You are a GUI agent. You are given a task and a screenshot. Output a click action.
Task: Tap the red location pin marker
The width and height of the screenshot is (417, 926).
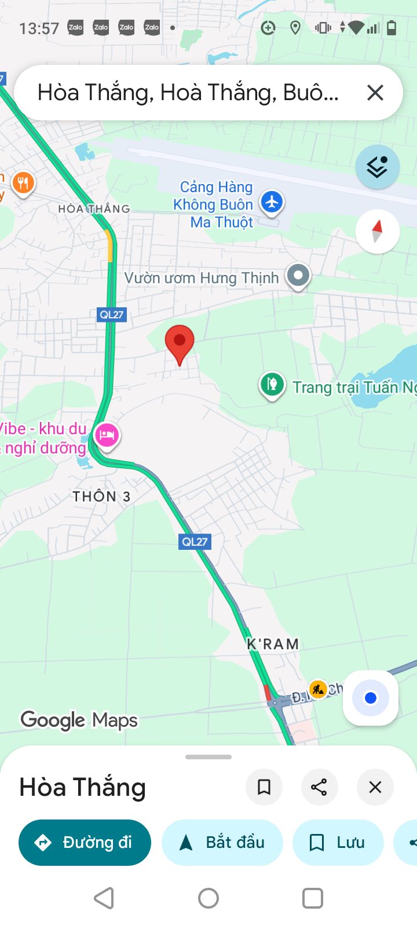(180, 341)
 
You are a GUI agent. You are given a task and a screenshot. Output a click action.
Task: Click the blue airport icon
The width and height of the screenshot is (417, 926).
(271, 203)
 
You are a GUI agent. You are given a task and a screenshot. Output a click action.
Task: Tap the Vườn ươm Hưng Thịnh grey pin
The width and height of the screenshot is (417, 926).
(298, 275)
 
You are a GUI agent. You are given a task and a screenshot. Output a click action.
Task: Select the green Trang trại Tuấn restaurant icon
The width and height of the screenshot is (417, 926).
(272, 384)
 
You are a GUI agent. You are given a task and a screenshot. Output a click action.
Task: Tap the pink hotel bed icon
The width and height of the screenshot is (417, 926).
(107, 435)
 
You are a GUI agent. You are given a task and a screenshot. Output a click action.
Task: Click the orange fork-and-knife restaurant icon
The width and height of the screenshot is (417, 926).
(23, 183)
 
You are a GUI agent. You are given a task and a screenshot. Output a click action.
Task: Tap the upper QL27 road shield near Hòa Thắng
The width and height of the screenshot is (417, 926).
(111, 315)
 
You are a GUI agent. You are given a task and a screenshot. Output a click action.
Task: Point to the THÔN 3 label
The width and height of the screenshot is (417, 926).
(101, 497)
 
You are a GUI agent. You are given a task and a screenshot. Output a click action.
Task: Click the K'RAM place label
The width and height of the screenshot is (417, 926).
(273, 644)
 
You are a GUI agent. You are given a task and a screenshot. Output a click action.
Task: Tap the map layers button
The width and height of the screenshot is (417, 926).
(377, 167)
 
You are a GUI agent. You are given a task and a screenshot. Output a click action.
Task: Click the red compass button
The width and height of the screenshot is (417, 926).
(377, 231)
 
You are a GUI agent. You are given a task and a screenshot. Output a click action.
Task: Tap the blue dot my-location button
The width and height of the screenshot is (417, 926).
(371, 698)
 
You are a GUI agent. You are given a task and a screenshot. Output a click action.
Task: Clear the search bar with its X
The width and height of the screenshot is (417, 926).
(375, 93)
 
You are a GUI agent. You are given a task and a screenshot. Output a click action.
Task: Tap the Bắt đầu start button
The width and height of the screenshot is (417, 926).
(222, 843)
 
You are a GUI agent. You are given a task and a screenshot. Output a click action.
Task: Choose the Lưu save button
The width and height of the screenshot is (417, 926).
(338, 843)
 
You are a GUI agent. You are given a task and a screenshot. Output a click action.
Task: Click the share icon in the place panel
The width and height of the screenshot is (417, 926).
(319, 787)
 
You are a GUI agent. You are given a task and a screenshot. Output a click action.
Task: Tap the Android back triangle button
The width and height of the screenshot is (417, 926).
(104, 898)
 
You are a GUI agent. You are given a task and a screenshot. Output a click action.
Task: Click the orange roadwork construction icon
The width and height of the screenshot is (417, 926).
(317, 689)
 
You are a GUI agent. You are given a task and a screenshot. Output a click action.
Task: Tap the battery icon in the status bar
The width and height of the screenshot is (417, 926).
(392, 27)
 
